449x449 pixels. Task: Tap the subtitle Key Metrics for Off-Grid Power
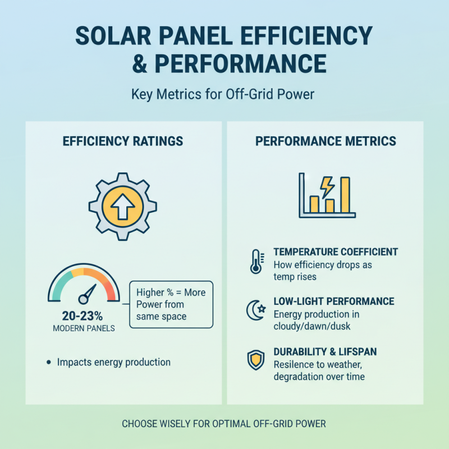click(223, 94)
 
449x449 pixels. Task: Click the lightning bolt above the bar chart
click(327, 184)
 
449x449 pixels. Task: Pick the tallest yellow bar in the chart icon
click(345, 195)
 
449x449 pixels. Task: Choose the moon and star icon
click(255, 310)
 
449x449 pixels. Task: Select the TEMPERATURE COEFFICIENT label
click(336, 252)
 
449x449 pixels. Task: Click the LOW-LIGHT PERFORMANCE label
click(333, 301)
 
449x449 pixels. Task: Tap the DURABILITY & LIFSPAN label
click(325, 351)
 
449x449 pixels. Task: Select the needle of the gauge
click(89, 292)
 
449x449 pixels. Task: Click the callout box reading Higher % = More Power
click(171, 305)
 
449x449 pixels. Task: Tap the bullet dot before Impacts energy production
click(48, 363)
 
